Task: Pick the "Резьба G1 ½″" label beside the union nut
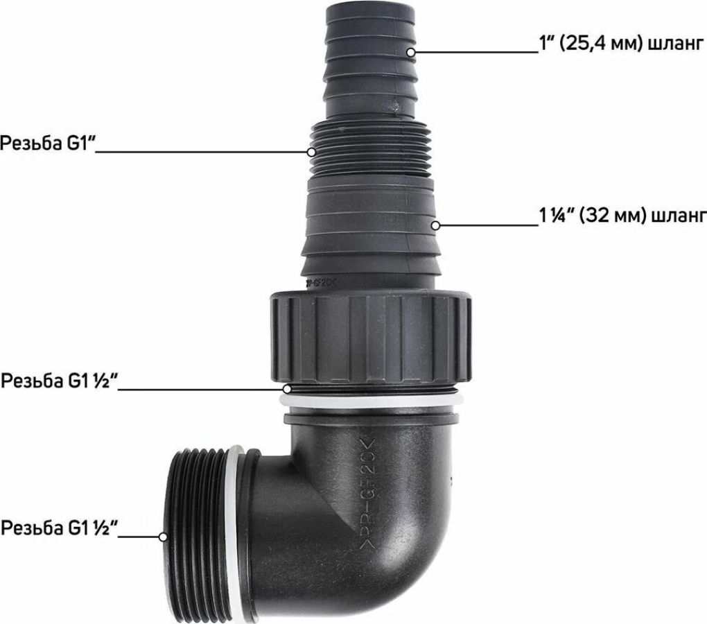tap(59, 381)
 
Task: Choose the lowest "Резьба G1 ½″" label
tap(59, 528)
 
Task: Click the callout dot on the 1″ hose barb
tap(411, 52)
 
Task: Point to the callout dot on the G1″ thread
tap(312, 152)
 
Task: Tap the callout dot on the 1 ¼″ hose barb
tap(435, 225)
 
